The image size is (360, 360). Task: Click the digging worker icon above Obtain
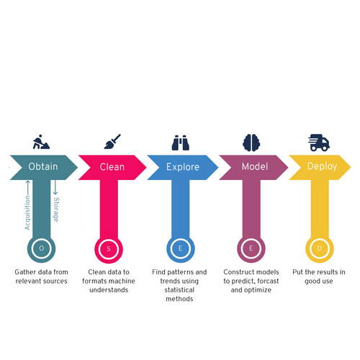point(41,142)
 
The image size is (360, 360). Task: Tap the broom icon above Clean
point(112,142)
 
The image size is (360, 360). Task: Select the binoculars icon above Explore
point(181,143)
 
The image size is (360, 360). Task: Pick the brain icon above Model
point(251,143)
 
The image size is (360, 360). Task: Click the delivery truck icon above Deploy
point(319,143)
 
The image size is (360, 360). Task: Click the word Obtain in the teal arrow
point(43,166)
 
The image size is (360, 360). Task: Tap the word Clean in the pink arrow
point(112,167)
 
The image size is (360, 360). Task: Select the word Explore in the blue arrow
point(183,167)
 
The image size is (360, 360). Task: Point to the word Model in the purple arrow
point(255,166)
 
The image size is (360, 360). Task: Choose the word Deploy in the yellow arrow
point(322,166)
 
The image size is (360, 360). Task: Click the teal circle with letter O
point(41,248)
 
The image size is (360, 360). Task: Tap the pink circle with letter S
point(109,249)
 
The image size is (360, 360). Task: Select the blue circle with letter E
point(181,248)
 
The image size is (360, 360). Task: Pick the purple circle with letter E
point(251,248)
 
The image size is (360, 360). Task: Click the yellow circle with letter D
point(320,248)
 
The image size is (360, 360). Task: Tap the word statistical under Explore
point(179,290)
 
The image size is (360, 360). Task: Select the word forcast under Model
point(268,281)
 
